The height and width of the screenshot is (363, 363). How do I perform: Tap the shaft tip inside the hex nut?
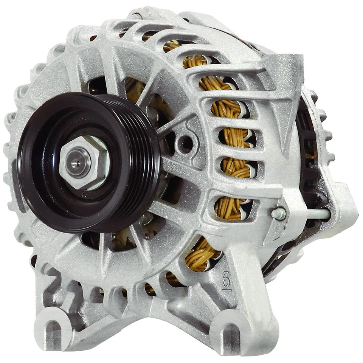[78, 162]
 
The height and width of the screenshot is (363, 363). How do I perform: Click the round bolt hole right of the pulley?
[186, 143]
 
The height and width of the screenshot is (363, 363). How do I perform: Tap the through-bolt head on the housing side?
[278, 214]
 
